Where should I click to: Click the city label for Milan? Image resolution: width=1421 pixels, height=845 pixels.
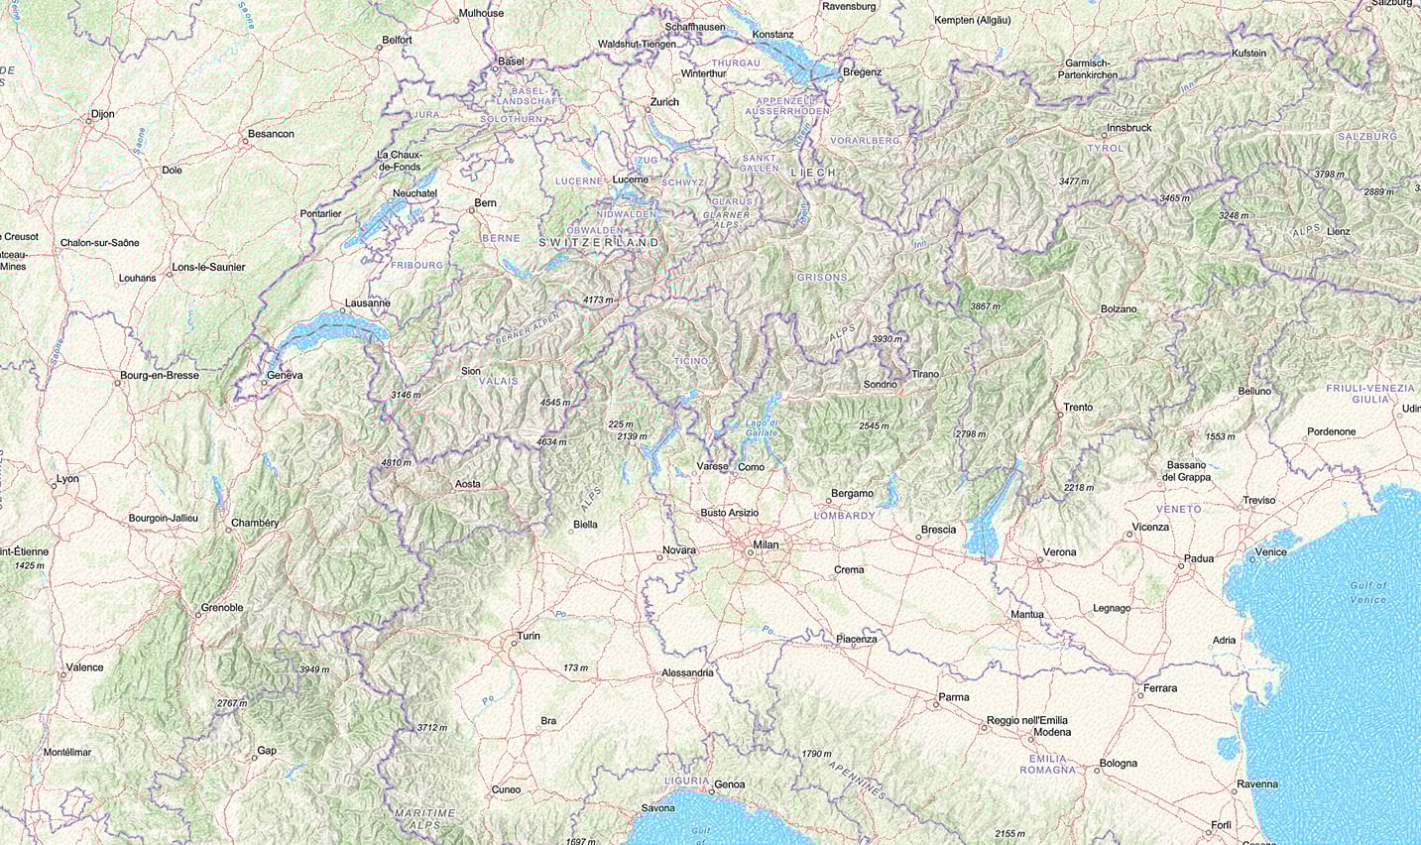point(766,544)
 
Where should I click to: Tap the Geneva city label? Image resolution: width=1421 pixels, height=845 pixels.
point(285,376)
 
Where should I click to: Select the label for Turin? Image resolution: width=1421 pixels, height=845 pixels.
point(528,636)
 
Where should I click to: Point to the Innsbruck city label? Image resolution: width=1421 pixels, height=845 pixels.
point(1129,128)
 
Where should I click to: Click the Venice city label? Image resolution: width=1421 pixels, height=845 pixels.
point(1270,552)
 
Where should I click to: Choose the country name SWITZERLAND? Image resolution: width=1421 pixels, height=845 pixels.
point(599,243)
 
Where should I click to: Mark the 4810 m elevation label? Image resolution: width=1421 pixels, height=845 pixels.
point(396,463)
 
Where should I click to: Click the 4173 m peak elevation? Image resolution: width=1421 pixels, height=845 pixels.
point(598,300)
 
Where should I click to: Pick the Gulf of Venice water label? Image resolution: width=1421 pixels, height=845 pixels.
point(1367,592)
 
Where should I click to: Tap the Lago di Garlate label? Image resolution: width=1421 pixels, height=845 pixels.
point(761,428)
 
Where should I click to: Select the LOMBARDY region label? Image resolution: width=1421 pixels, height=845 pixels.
point(844,516)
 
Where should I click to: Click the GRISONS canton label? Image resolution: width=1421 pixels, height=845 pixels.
point(822,278)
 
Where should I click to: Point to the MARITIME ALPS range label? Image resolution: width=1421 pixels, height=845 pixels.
point(424,818)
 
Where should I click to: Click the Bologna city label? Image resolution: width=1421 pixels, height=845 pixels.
point(1118,764)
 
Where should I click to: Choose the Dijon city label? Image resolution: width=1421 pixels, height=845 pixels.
point(102,114)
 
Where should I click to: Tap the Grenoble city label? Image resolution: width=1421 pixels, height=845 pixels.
point(222,608)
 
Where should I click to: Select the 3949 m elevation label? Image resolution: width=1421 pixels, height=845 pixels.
point(314,669)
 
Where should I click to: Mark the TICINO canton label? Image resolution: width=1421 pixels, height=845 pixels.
point(691,361)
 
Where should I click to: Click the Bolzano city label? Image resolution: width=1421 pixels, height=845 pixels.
point(1119,309)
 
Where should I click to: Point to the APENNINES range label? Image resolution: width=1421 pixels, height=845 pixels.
point(857,781)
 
